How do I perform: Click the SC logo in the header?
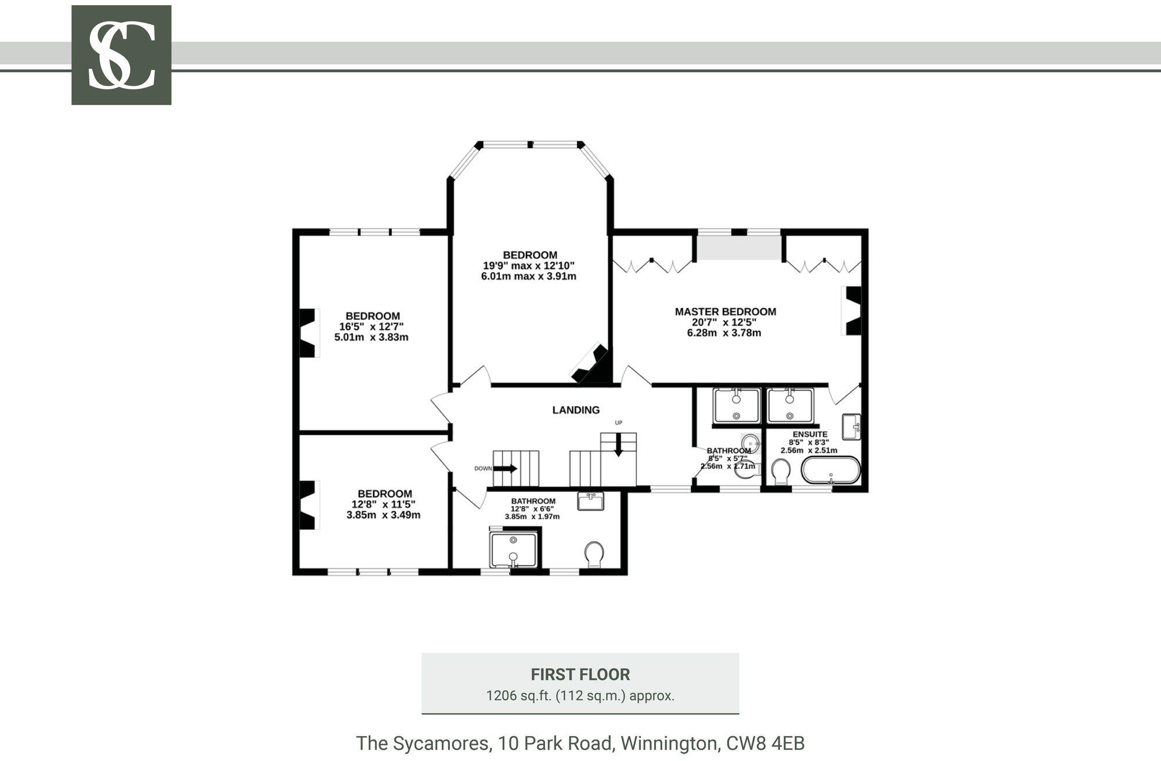[121, 55]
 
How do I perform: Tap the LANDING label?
[576, 410]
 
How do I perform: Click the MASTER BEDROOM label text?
[725, 311]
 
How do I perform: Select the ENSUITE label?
[810, 434]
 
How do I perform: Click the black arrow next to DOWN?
[506, 468]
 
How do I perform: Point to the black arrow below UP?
[618, 445]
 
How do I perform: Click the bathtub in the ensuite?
[831, 470]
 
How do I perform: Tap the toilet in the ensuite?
[781, 472]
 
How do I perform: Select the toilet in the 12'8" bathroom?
[594, 555]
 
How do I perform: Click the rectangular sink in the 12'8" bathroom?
[591, 501]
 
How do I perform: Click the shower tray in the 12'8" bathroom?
[514, 550]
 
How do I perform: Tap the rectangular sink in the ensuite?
[852, 427]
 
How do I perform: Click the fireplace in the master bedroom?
[852, 310]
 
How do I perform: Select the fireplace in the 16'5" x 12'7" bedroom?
[309, 333]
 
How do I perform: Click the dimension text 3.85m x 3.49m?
[383, 514]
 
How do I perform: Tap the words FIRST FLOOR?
[580, 675]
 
